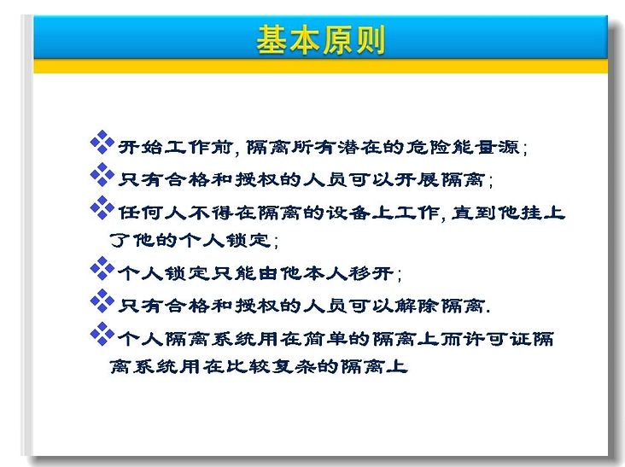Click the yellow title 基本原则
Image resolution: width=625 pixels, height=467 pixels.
[320, 39]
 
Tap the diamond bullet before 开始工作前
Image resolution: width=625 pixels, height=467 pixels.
[102, 142]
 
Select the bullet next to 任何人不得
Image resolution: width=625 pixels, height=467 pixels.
[102, 207]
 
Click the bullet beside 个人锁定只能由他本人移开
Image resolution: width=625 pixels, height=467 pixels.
[102, 268]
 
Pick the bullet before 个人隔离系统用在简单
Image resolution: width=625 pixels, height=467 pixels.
[102, 334]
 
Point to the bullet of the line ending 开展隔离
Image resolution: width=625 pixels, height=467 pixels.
[102, 174]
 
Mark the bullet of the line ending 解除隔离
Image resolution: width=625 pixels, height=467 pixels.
[102, 301]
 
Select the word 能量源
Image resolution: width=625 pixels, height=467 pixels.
[486, 147]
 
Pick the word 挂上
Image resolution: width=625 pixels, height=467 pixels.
[532, 213]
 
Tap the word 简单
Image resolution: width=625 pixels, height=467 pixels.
[325, 339]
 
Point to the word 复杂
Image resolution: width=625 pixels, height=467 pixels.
[295, 366]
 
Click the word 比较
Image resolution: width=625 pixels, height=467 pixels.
[248, 366]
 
